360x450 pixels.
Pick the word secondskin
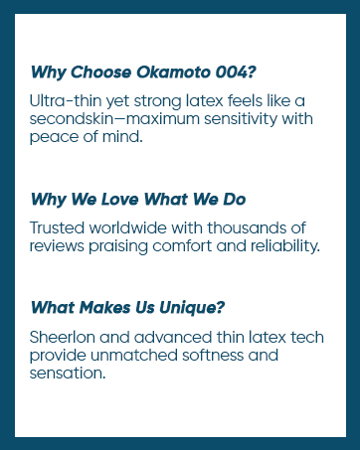(x=74, y=119)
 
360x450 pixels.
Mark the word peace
(x=54, y=137)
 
